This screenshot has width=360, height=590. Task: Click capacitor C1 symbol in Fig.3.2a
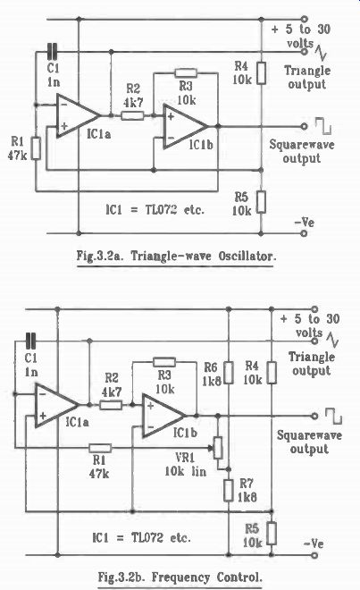pyautogui.click(x=53, y=52)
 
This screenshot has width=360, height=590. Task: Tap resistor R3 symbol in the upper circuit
pyautogui.click(x=186, y=73)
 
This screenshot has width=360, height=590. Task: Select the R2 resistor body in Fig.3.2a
pyautogui.click(x=132, y=115)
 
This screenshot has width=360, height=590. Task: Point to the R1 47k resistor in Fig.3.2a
pyautogui.click(x=36, y=148)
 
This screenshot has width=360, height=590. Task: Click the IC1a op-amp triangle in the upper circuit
pyautogui.click(x=77, y=115)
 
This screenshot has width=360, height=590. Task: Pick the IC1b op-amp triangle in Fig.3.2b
pyautogui.click(x=163, y=416)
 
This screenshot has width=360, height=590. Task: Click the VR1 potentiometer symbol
pyautogui.click(x=217, y=448)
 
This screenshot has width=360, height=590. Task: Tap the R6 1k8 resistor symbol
pyautogui.click(x=229, y=373)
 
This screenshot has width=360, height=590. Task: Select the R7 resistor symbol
pyautogui.click(x=229, y=490)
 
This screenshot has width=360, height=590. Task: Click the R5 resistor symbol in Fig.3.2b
pyautogui.click(x=272, y=533)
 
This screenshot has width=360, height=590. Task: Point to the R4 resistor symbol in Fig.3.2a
pyautogui.click(x=261, y=73)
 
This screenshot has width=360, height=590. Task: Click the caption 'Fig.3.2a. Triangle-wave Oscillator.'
pyautogui.click(x=176, y=257)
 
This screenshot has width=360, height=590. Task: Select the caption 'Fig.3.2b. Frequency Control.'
pyautogui.click(x=180, y=577)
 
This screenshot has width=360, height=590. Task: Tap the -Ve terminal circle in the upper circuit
pyautogui.click(x=305, y=233)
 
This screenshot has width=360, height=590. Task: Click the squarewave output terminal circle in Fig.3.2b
pyautogui.click(x=314, y=416)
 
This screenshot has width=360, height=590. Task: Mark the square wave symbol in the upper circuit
pyautogui.click(x=323, y=126)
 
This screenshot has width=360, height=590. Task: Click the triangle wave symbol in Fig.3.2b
pyautogui.click(x=332, y=340)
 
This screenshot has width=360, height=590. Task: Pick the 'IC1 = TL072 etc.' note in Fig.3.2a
pyautogui.click(x=155, y=209)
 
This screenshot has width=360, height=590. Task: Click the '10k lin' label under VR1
pyautogui.click(x=186, y=471)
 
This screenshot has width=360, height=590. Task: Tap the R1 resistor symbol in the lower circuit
pyautogui.click(x=100, y=448)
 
